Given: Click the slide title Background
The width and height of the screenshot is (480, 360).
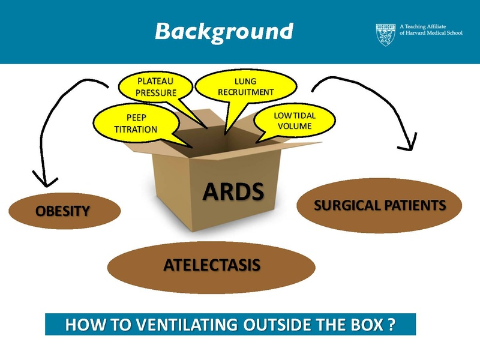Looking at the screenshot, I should (x=224, y=31).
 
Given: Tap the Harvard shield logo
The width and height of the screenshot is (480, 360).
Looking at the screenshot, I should (x=386, y=34).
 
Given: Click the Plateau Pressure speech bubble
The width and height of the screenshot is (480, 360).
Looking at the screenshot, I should (x=157, y=86).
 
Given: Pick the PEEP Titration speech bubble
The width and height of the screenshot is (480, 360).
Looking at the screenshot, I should (x=135, y=124).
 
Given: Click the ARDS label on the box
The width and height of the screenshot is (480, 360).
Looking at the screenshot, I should (x=233, y=191).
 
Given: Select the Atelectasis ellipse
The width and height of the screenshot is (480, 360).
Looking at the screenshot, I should (x=211, y=265).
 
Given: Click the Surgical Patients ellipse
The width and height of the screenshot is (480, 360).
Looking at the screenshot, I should (x=380, y=206).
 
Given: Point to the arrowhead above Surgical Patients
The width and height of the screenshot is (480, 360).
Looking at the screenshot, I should (x=411, y=143).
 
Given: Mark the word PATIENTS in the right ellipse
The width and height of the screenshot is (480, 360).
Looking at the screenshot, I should (x=413, y=206).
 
